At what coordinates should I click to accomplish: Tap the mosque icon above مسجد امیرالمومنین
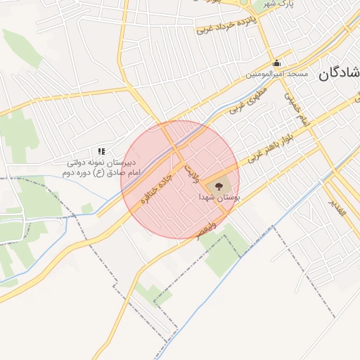coord(276,63)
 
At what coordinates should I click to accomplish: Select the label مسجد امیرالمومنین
coord(275,74)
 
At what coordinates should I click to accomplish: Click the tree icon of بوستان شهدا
coord(219,186)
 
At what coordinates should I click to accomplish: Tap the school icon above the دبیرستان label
coord(101,151)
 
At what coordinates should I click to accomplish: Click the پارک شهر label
coord(277,4)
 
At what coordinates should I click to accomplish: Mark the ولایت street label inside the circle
coord(192,169)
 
